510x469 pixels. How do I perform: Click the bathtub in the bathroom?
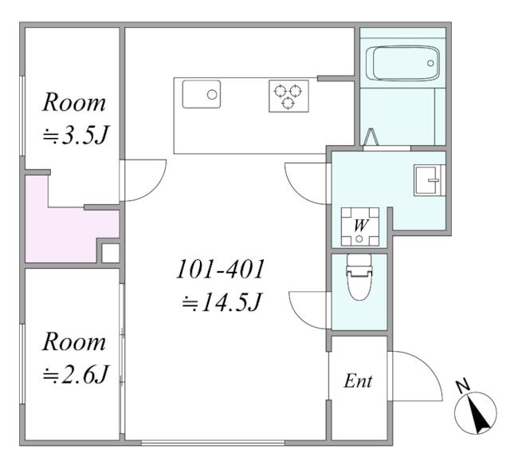[402, 63]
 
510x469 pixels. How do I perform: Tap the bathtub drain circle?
[430, 63]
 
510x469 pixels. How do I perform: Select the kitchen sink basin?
[202, 94]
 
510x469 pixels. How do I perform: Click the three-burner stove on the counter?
[288, 96]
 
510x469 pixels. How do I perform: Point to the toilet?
[359, 277]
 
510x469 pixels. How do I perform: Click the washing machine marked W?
[359, 227]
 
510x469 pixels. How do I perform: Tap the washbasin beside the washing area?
[429, 180]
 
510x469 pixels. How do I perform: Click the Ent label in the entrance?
[358, 380]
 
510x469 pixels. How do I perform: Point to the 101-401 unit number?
[220, 270]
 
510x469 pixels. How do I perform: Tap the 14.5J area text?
[222, 302]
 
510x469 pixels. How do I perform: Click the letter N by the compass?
[462, 386]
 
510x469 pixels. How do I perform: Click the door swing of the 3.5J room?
[154, 189]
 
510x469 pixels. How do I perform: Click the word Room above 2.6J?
[74, 342]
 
